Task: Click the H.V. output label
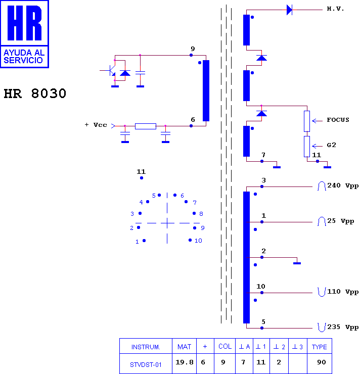[x=335, y=9]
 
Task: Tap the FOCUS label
[x=338, y=120]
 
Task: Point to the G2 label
[x=331, y=145]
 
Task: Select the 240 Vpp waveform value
[x=343, y=185]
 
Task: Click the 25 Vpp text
[x=340, y=221]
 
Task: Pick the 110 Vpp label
[x=343, y=292]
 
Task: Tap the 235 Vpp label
[x=343, y=327]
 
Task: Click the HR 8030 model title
[x=35, y=93]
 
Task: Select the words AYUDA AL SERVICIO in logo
[x=24, y=56]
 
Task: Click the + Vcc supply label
[x=96, y=125]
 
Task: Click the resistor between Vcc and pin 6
[x=146, y=126]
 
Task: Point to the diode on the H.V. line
[x=289, y=10]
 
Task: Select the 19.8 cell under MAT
[x=184, y=362]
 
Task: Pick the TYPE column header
[x=319, y=347]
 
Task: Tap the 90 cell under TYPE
[x=322, y=362]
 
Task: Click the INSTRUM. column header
[x=146, y=347]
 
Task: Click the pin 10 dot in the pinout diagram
[x=190, y=240]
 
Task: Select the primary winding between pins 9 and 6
[x=206, y=90]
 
